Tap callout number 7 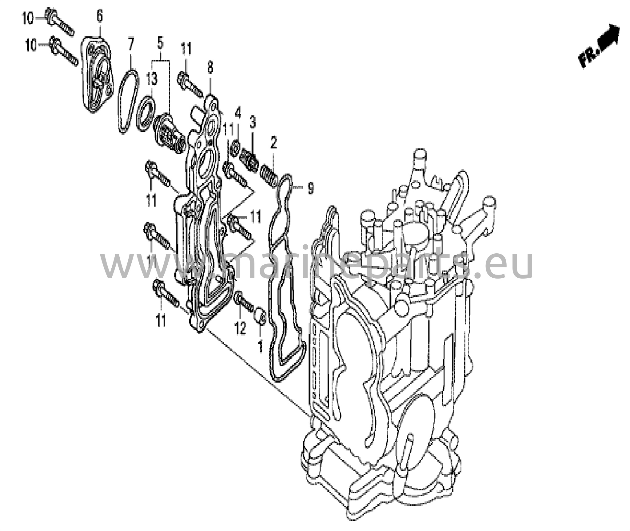pos(131,45)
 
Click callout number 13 pos(151,79)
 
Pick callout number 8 pos(210,67)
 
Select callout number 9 pos(311,188)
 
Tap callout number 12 pos(241,328)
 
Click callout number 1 pos(260,346)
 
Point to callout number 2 pos(273,143)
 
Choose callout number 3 pos(253,122)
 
